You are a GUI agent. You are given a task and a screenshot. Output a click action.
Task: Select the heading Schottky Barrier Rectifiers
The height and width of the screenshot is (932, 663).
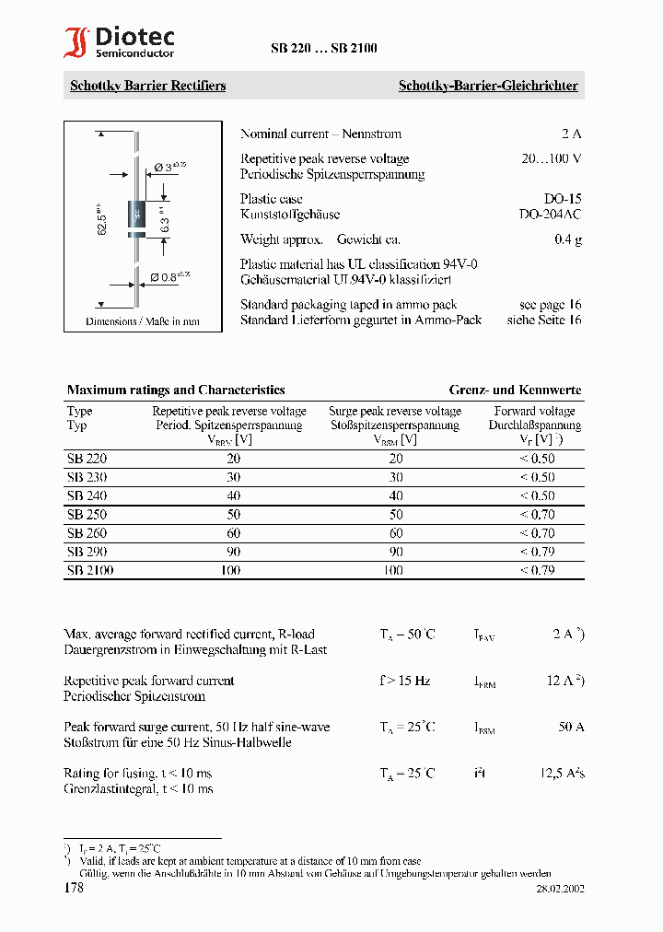click(x=147, y=86)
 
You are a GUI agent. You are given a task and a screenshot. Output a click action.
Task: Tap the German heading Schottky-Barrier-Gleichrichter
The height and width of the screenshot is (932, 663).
click(x=487, y=86)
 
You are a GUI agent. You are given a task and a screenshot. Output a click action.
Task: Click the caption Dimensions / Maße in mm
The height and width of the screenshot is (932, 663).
click(x=142, y=321)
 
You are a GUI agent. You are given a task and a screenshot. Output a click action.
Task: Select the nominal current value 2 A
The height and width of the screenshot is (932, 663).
click(x=571, y=134)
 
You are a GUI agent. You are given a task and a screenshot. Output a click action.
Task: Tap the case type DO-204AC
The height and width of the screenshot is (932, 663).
click(x=550, y=214)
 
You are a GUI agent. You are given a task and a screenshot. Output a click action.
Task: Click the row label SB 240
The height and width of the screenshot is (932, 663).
click(x=87, y=495)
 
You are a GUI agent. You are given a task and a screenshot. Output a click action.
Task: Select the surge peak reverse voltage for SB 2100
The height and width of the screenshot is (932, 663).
click(x=393, y=571)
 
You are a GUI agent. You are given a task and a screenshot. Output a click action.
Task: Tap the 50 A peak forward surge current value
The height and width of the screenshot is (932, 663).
click(x=571, y=727)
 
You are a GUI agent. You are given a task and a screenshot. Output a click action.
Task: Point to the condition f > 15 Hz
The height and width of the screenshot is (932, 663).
click(x=404, y=681)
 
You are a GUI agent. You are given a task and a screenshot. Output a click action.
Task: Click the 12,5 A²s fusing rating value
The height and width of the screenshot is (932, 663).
click(x=562, y=774)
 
